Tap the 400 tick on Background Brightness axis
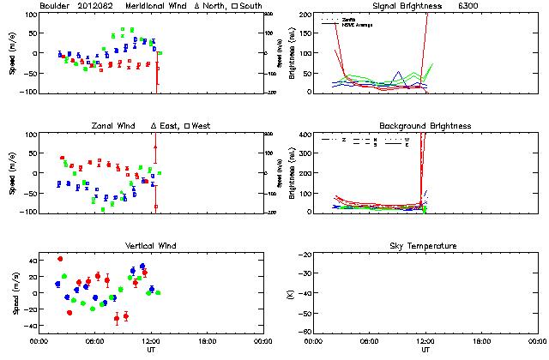(x=305, y=135)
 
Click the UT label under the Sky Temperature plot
(x=425, y=351)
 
